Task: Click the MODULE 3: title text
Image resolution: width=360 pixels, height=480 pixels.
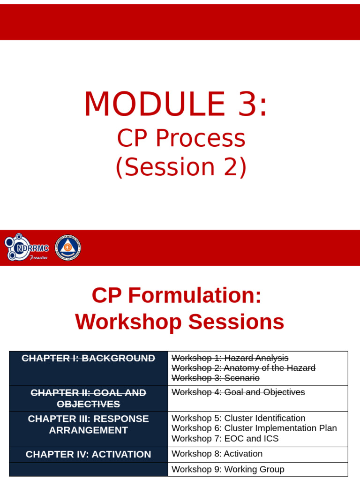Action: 176,105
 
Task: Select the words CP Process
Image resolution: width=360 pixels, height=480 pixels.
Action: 180,139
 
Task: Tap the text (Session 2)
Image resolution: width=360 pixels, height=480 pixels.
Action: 180,167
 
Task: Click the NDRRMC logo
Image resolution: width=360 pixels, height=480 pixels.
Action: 27,247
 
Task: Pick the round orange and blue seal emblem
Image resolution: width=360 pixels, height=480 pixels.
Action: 68,247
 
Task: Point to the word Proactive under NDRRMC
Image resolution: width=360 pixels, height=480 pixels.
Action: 38,258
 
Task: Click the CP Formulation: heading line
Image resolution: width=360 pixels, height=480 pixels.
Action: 176,296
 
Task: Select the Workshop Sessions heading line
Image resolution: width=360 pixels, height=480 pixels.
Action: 180,322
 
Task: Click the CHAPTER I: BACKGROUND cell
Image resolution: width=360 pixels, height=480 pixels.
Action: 89,359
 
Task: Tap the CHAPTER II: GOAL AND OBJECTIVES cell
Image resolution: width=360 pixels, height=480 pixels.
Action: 89,398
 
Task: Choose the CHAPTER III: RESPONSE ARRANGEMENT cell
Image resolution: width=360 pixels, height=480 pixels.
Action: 89,424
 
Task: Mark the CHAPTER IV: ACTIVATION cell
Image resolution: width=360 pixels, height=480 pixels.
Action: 89,454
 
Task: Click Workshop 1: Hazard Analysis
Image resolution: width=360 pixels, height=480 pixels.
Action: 230,358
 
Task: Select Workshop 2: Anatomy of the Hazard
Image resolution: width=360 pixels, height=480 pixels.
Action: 243,368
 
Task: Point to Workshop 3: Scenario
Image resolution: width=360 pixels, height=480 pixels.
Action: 216,378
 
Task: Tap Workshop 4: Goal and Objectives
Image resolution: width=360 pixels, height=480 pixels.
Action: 238,392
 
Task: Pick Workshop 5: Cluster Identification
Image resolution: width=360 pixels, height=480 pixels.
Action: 238,418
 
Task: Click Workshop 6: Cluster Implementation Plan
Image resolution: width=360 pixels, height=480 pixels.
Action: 254,428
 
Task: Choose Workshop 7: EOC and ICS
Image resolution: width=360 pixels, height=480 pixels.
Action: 225,438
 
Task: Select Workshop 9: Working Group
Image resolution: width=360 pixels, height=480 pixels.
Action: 228,469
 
